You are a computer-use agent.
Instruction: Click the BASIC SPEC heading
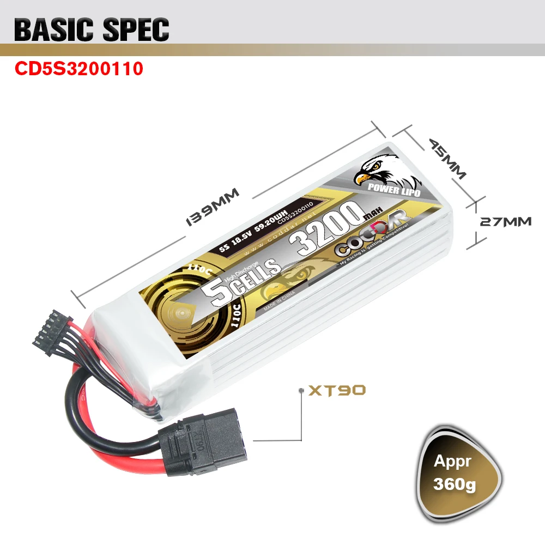92,30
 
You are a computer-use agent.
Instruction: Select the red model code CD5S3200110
79,69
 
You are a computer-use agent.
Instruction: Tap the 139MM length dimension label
213,207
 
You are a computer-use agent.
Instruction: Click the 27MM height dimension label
505,222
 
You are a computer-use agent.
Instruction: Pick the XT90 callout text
337,390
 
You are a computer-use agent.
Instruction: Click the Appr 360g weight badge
461,472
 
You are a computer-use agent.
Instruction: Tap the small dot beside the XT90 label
301,391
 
